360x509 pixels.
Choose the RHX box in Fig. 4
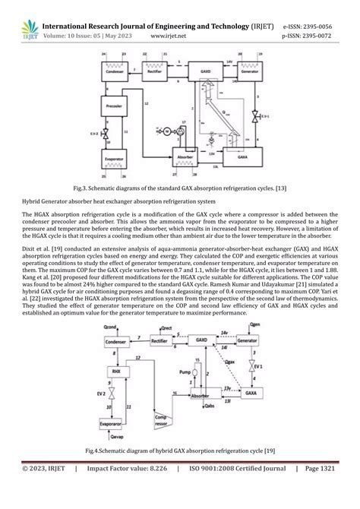116,371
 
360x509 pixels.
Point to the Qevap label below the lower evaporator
115,439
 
